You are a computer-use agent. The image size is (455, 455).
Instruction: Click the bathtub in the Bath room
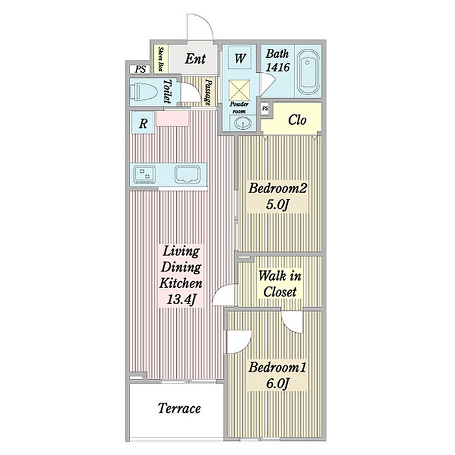tap(309, 72)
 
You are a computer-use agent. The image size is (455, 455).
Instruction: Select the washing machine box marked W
tap(240, 57)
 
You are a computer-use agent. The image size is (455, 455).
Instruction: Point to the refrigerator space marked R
tap(143, 123)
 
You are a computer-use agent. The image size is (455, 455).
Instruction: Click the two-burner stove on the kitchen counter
tap(144, 175)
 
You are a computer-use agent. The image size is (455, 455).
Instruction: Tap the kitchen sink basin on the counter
tap(187, 175)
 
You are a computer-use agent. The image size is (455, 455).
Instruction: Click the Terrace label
tap(179, 408)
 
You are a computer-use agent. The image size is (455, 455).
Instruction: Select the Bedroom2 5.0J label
tap(278, 196)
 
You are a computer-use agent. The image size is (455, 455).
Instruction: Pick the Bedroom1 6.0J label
tap(278, 376)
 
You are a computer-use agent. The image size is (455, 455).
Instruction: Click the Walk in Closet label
tap(279, 283)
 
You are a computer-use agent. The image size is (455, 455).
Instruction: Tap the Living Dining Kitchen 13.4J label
tap(181, 275)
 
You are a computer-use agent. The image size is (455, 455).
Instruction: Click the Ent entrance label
tap(195, 58)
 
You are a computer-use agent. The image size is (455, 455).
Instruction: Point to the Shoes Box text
tap(161, 59)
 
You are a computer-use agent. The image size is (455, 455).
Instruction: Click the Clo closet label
tap(297, 120)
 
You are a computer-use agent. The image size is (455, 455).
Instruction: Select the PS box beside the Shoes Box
tap(140, 69)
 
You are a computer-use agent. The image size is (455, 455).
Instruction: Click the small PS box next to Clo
tap(265, 109)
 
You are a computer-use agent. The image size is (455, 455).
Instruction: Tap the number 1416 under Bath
tap(278, 68)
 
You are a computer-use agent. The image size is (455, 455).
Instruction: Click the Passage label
tap(208, 92)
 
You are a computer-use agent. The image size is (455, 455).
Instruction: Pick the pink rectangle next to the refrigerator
tap(172, 119)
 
